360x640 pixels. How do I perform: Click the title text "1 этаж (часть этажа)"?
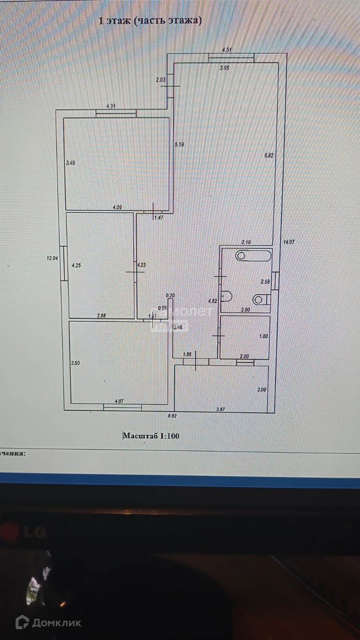(x=150, y=21)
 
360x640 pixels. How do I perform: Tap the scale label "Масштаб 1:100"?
(x=151, y=436)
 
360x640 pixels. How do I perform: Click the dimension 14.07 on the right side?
(x=289, y=242)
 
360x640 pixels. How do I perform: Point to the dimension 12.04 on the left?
(x=52, y=258)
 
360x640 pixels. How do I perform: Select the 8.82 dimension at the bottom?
(x=172, y=416)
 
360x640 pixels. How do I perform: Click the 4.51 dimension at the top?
(x=227, y=50)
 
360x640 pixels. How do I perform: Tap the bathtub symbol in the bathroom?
(x=253, y=255)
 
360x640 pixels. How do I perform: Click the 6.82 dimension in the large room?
(x=269, y=156)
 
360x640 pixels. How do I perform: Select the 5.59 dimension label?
(x=179, y=145)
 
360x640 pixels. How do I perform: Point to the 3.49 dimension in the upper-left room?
(x=70, y=163)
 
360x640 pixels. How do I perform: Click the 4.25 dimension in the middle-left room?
(x=76, y=265)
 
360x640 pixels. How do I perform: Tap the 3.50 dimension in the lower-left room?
(x=75, y=363)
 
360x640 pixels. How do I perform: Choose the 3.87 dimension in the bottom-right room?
(x=220, y=409)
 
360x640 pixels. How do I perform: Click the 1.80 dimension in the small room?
(x=264, y=336)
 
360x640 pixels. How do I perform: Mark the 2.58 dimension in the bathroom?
(x=265, y=282)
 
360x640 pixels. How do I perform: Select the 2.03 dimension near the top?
(x=160, y=80)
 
